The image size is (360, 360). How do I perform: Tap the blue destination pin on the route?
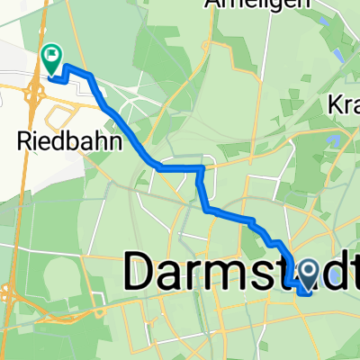307,274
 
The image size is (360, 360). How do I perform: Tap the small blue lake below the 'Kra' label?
336,139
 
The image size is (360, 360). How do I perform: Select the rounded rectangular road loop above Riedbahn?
63,115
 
